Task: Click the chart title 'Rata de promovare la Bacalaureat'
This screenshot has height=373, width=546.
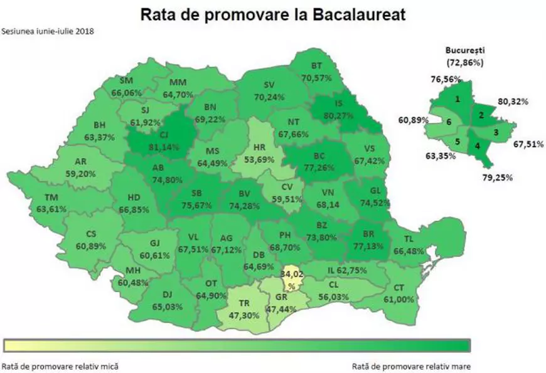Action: [x=272, y=14]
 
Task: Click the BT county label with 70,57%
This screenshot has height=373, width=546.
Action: [x=319, y=73]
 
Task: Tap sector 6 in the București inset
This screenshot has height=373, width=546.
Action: [x=449, y=122]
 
